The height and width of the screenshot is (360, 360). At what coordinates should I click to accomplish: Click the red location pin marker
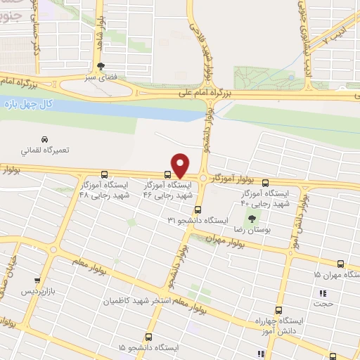[x=180, y=165]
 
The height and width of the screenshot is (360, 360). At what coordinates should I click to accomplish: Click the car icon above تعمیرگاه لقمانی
[x=44, y=139]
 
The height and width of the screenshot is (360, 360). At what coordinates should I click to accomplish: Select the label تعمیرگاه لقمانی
[x=44, y=150]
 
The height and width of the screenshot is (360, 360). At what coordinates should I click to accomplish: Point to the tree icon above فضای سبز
[x=101, y=65]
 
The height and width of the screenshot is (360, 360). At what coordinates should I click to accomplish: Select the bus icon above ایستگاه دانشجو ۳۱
[x=198, y=210]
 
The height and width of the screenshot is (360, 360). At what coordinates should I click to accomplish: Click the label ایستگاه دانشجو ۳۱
[x=197, y=221]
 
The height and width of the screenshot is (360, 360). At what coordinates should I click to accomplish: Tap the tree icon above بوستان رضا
[x=252, y=219]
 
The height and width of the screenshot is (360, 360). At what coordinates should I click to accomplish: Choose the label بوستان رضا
[x=252, y=230]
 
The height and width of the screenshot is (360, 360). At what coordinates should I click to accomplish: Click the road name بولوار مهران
[x=224, y=240]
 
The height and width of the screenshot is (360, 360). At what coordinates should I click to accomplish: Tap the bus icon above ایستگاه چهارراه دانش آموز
[x=279, y=310]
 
